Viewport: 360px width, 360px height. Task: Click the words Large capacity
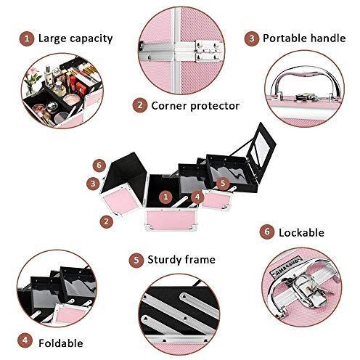click(75, 38)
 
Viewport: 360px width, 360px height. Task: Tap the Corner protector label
click(195, 106)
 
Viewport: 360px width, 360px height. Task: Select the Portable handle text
click(304, 38)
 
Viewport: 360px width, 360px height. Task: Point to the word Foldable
click(61, 343)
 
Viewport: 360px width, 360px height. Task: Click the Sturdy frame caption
click(181, 260)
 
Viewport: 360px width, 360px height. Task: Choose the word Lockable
click(301, 233)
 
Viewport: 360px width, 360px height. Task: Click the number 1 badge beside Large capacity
click(27, 38)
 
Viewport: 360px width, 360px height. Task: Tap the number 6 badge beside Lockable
click(267, 232)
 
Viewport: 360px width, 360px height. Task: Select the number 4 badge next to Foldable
click(25, 340)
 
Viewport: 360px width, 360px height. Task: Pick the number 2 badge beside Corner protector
click(140, 105)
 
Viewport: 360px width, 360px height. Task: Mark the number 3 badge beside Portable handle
click(251, 38)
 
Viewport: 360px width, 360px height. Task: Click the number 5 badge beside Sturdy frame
click(136, 260)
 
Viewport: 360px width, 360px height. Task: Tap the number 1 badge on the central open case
click(165, 197)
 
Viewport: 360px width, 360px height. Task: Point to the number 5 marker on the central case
click(223, 183)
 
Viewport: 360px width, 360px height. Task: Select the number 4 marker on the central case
click(197, 197)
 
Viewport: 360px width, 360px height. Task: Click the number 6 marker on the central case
click(99, 165)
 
